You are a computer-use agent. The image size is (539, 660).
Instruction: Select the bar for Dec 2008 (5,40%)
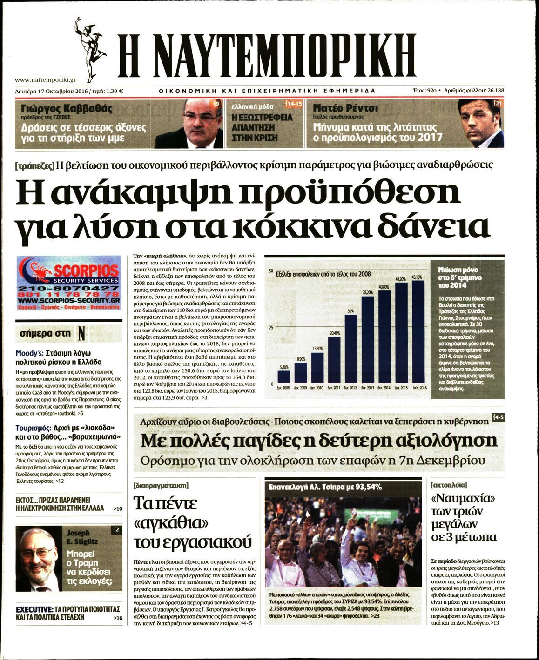283,377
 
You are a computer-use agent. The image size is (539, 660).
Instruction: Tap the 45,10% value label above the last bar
417,277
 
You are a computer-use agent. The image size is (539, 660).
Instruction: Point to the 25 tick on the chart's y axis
271,328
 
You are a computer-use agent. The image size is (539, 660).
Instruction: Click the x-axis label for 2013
367,388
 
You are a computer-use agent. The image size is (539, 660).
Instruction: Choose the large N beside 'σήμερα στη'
81,333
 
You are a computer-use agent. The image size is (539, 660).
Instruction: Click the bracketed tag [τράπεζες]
35,165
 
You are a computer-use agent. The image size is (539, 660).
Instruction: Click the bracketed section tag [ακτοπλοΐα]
449,485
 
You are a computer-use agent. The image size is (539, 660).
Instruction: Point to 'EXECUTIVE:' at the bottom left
34,609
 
